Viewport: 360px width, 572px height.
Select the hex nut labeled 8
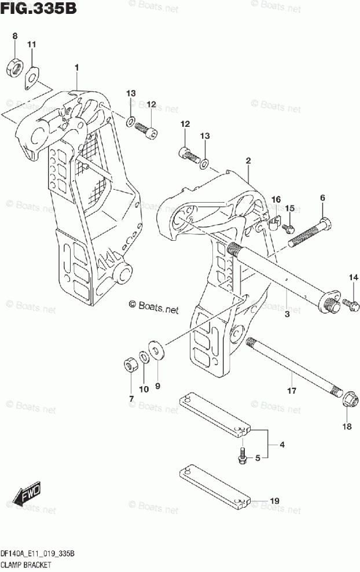(x=14, y=68)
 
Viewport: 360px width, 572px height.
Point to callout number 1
(x=76, y=68)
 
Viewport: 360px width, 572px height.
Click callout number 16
(x=276, y=199)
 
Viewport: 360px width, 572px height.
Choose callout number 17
(x=292, y=391)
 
